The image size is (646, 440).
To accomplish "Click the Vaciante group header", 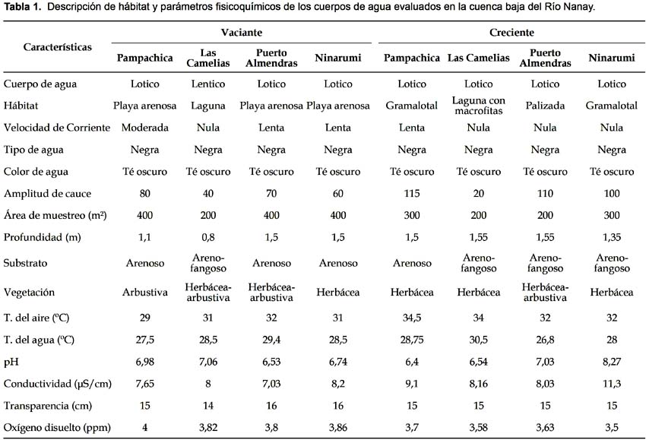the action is (x=242, y=33).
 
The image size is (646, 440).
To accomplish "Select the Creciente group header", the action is (x=511, y=33).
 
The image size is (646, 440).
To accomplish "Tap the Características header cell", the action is (x=57, y=47).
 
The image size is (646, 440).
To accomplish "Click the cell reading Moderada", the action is (x=144, y=128).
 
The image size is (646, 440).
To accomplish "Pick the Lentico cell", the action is (x=208, y=84).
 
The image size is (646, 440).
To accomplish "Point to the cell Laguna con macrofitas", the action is (x=478, y=106).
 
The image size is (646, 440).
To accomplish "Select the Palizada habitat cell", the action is (x=545, y=106).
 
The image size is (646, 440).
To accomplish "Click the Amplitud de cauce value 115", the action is (x=412, y=194).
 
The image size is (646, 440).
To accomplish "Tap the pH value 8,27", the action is (x=611, y=362).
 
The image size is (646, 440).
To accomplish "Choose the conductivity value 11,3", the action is (x=611, y=384).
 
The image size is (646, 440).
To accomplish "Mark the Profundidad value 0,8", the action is (x=208, y=237).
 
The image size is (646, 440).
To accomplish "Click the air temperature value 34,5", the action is (x=412, y=318).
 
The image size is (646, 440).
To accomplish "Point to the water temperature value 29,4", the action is (x=271, y=340).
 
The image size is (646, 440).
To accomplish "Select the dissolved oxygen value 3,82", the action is (x=208, y=428).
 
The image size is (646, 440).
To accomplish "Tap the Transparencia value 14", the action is (x=208, y=406).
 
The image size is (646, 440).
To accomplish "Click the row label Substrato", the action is (x=26, y=263).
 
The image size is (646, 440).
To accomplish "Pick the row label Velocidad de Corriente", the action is (x=57, y=128).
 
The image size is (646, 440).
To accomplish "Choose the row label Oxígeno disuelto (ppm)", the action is (x=57, y=428).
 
